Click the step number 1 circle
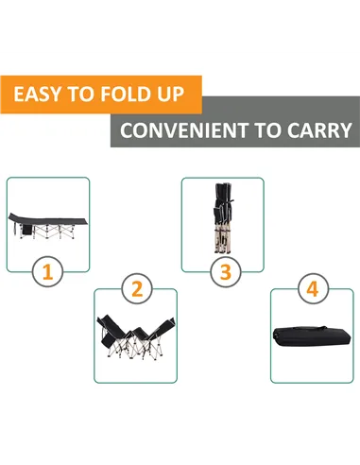(x=47, y=272)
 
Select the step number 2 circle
(x=137, y=288)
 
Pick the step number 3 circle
(x=226, y=272)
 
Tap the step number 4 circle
(x=313, y=288)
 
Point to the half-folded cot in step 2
(x=136, y=337)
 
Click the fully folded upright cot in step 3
(x=223, y=217)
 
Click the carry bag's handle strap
(x=310, y=328)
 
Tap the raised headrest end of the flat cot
(x=15, y=216)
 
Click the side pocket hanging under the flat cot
(x=27, y=230)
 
